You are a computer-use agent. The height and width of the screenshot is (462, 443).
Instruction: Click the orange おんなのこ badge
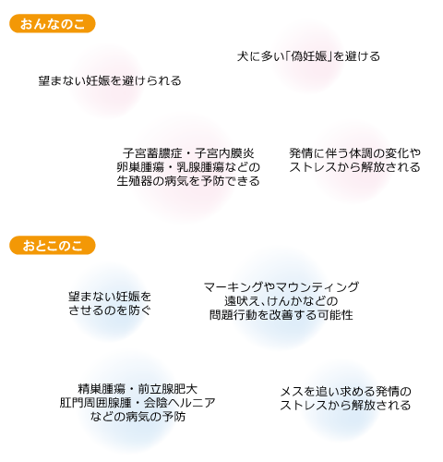53,24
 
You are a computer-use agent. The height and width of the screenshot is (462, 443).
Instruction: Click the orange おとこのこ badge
53,246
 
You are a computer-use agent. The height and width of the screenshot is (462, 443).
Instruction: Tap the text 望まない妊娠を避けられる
110,80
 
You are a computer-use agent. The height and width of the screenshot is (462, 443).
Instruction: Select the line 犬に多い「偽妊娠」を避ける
308,56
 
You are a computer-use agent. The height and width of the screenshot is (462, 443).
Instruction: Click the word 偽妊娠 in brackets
308,56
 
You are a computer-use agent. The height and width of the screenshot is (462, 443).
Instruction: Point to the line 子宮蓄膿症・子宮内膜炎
188,153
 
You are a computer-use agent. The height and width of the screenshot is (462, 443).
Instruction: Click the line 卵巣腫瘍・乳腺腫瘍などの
188,167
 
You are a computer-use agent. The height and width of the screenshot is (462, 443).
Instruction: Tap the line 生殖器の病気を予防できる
188,181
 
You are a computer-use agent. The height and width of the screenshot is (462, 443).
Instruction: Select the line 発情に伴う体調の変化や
354,153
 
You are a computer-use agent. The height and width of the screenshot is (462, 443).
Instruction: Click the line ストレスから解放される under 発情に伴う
354,167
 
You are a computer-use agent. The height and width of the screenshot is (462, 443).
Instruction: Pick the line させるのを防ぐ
110,310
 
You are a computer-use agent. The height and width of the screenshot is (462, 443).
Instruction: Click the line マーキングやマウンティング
281,287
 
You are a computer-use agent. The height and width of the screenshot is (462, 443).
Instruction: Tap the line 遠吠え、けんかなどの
281,301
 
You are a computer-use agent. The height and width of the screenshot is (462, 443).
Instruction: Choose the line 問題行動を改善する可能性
281,315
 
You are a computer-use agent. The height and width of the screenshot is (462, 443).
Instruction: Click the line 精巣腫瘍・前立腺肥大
138,389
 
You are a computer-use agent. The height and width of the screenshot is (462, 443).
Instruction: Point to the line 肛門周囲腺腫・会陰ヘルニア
138,403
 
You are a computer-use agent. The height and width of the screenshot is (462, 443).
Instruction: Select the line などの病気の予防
138,417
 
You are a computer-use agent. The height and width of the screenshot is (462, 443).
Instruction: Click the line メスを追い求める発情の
345,392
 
